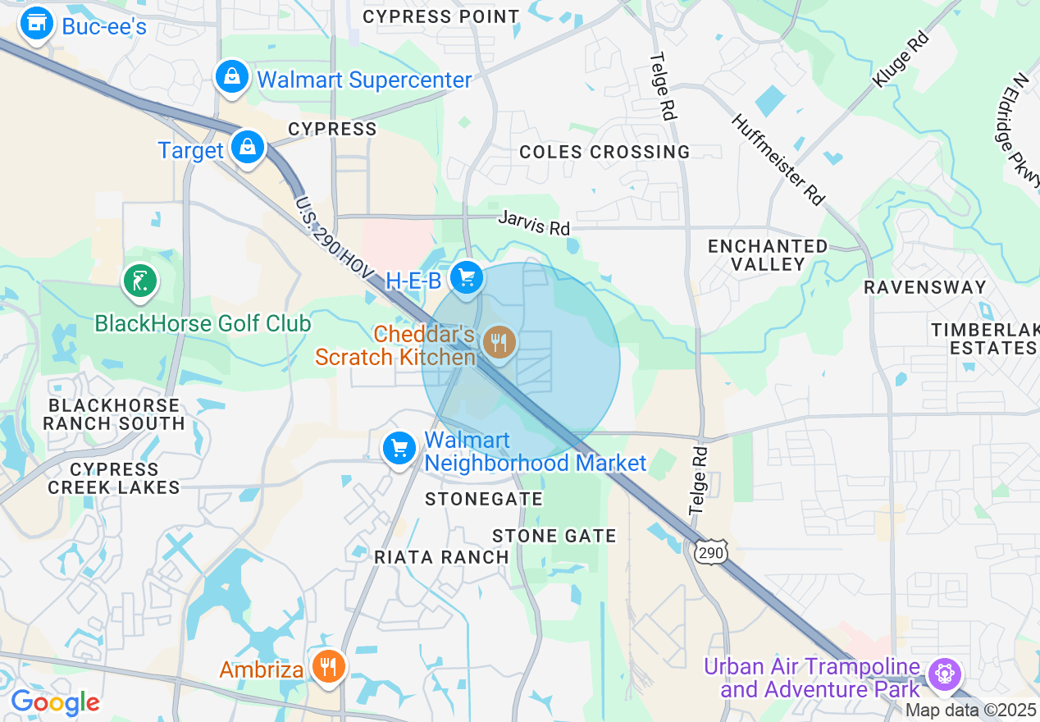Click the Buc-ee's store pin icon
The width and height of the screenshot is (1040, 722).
36,25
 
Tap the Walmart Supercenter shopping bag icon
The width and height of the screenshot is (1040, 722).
232,78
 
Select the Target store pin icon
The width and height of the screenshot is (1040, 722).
246,148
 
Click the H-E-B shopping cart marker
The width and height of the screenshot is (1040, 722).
467,278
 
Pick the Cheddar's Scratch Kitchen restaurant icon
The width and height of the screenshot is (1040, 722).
499,342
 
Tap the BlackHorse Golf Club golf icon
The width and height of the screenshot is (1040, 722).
139,281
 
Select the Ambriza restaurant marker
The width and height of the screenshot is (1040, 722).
328,667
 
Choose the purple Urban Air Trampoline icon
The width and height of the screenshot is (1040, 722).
945,674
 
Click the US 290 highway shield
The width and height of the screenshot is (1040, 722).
710,553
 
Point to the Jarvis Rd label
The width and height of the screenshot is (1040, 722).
535,222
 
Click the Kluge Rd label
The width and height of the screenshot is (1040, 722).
901,59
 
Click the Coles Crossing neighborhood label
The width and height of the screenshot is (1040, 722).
605,152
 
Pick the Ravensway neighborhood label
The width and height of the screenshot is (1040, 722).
924,287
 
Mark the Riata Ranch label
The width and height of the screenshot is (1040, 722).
441,557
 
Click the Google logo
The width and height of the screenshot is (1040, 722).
55,702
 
